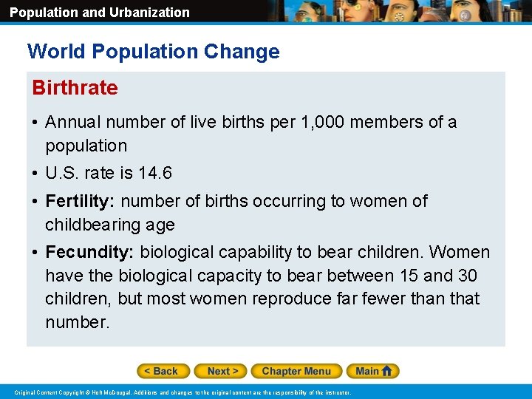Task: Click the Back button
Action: (163, 371)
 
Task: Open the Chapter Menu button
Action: (296, 371)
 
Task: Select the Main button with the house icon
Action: (375, 371)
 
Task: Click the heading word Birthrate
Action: (75, 88)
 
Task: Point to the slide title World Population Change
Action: (154, 52)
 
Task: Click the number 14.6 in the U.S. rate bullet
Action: (156, 174)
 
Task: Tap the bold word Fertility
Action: (80, 201)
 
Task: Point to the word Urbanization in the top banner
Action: (151, 13)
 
